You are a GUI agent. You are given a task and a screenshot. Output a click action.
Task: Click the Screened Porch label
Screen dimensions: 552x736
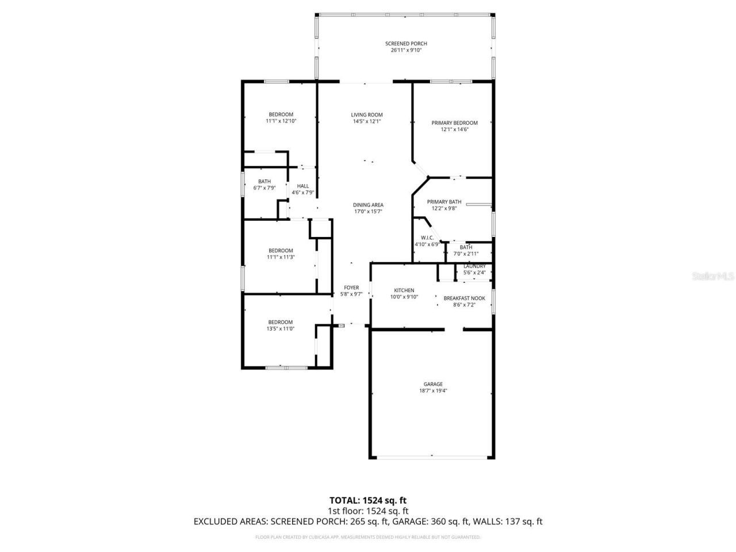(406, 44)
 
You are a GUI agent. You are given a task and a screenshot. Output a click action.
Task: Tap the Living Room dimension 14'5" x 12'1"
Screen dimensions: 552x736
(367, 121)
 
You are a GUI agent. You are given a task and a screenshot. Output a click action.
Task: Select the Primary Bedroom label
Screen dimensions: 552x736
(454, 123)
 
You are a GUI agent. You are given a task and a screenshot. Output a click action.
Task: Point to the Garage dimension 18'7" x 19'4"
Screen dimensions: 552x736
(433, 391)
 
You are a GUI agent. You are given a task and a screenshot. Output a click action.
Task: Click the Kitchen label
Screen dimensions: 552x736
(404, 290)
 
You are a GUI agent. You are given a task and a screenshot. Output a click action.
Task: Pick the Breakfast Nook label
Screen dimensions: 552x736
(464, 298)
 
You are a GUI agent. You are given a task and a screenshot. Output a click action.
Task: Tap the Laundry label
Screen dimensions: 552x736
(474, 266)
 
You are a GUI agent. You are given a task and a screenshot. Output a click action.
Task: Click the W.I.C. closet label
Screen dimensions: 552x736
(427, 237)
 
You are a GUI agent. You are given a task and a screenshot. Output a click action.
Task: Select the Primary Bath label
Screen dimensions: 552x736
(444, 202)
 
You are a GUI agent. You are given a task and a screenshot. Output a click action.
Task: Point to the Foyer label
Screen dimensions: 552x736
(351, 287)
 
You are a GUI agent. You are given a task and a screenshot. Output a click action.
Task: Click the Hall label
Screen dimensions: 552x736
(303, 186)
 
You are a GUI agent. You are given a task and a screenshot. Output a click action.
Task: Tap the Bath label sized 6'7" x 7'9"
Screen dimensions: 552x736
(264, 182)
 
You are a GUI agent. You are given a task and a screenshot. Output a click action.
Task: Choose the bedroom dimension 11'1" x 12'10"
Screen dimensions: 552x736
(281, 121)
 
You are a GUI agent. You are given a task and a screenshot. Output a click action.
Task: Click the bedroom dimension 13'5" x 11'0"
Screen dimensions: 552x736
(281, 329)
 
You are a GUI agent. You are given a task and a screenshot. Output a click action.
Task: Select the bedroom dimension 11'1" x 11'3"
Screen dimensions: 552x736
(281, 257)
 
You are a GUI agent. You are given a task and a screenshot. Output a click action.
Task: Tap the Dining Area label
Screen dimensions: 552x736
(368, 205)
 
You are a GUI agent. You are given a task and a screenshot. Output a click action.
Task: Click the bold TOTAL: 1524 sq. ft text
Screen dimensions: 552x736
(368, 500)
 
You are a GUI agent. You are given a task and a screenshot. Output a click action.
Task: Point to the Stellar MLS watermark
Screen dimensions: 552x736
(713, 277)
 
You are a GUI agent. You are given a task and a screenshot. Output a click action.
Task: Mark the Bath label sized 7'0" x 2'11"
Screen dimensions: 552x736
(466, 247)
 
